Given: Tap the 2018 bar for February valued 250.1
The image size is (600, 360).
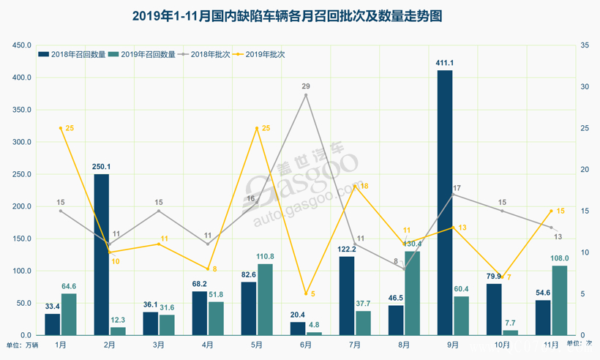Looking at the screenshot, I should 101,255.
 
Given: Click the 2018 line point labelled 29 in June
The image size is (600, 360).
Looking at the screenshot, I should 306,95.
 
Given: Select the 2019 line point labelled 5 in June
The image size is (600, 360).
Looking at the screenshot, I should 306,293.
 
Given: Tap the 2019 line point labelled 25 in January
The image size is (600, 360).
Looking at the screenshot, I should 61,128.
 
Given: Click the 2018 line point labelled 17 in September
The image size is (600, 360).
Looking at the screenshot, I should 453,195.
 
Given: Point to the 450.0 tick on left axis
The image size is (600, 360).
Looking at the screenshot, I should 20,45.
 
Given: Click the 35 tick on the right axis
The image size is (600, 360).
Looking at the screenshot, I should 584,45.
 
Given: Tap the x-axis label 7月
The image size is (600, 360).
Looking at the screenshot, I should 354,344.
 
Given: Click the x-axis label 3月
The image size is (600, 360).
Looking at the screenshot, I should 159,344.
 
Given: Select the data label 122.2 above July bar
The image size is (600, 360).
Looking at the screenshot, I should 346,250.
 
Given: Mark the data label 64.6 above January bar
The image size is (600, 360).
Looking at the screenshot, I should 69,286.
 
